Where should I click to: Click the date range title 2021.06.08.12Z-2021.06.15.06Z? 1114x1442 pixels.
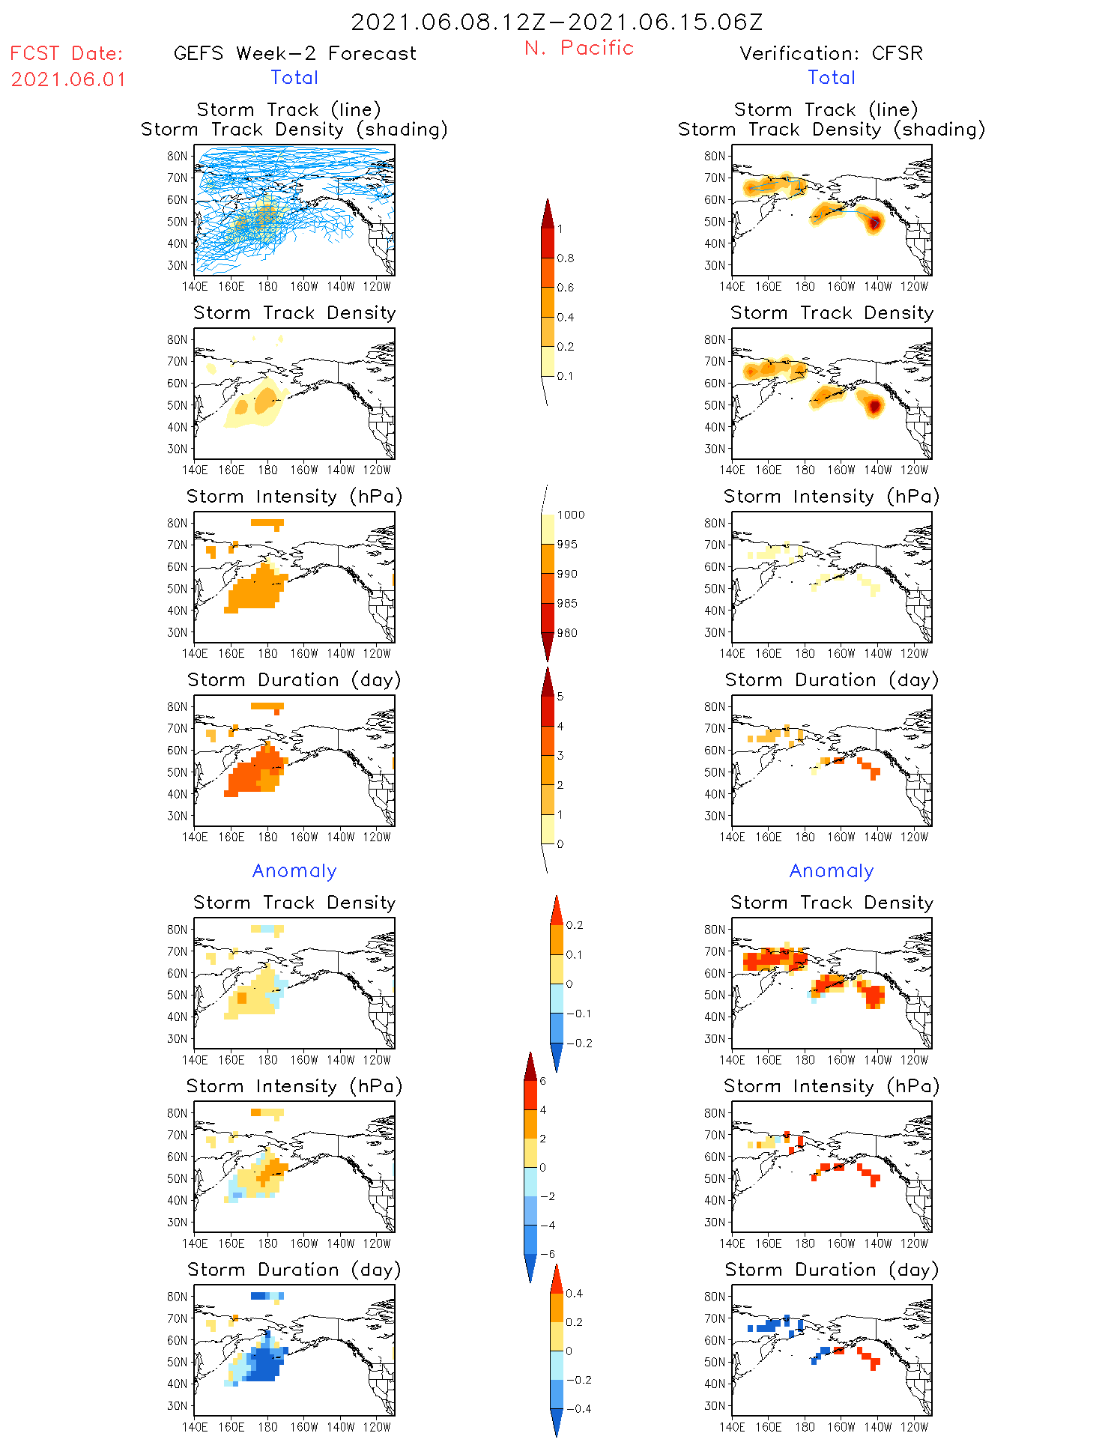point(557,22)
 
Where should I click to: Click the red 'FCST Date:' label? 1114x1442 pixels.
point(66,53)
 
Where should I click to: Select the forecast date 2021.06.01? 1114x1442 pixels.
point(68,79)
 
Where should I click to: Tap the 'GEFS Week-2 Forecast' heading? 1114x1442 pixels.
point(294,53)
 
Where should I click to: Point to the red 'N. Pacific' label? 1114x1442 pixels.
point(579,48)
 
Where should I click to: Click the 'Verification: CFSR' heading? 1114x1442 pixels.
point(831,53)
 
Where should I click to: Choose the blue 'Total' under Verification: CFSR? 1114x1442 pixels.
point(831,77)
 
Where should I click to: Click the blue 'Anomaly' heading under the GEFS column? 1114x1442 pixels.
point(294,870)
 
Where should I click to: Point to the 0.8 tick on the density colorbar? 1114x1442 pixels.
point(566,258)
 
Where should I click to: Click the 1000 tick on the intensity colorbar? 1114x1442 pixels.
point(570,515)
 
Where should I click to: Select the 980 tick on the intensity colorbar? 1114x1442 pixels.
point(567,633)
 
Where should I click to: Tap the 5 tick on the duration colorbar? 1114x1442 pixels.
point(560,697)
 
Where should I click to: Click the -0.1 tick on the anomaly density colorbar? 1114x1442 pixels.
point(578,1014)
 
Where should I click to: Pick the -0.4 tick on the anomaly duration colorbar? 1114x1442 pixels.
point(578,1408)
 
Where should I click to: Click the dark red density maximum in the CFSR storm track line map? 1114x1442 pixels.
point(874,222)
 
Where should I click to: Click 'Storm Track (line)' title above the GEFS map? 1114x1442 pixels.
point(288,109)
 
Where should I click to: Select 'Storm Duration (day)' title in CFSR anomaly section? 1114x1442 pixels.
point(831,1270)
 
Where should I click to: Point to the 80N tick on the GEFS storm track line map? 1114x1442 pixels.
point(177,157)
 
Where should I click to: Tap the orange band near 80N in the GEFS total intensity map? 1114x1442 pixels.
point(267,523)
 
